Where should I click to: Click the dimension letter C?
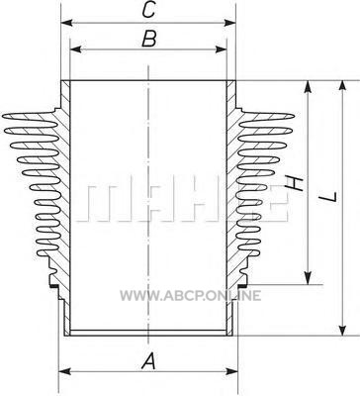click(x=148, y=10)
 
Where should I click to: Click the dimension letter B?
click(x=148, y=39)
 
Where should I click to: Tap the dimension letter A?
click(x=148, y=360)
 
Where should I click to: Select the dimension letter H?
click(x=294, y=183)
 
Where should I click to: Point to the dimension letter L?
click(x=329, y=197)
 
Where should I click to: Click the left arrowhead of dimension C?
click(x=66, y=23)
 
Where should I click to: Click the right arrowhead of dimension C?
click(x=230, y=23)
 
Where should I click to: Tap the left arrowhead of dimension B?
click(x=75, y=49)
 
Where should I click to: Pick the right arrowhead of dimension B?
click(x=222, y=49)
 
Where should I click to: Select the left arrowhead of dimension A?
click(x=64, y=371)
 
